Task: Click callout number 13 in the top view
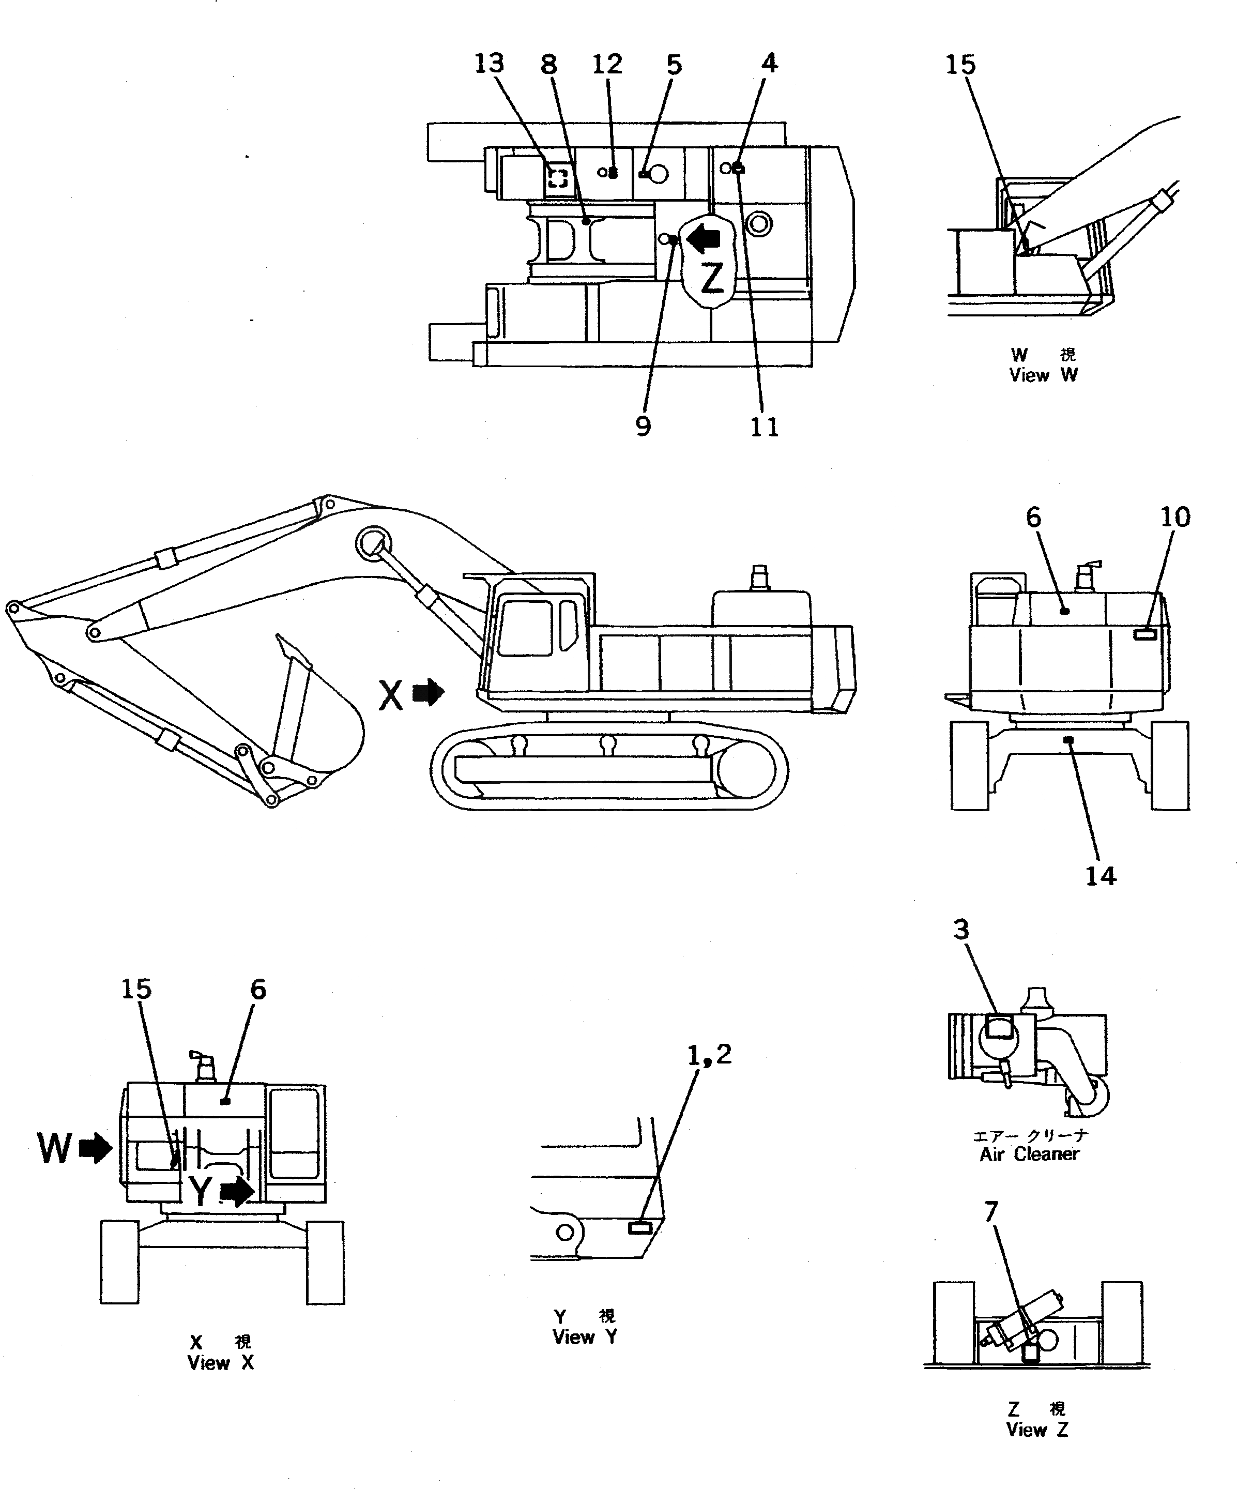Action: pos(488,64)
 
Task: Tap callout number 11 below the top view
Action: pos(764,427)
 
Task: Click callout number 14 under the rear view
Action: pos(1100,876)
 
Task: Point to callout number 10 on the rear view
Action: pos(1174,517)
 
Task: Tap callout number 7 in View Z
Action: pos(990,1212)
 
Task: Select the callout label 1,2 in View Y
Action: pos(709,1055)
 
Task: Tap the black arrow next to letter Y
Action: pos(237,1192)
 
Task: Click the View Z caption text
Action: pos(1036,1430)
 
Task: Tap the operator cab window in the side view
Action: pos(525,628)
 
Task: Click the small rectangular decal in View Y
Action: pos(640,1228)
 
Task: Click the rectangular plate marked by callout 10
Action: pos(1144,633)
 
